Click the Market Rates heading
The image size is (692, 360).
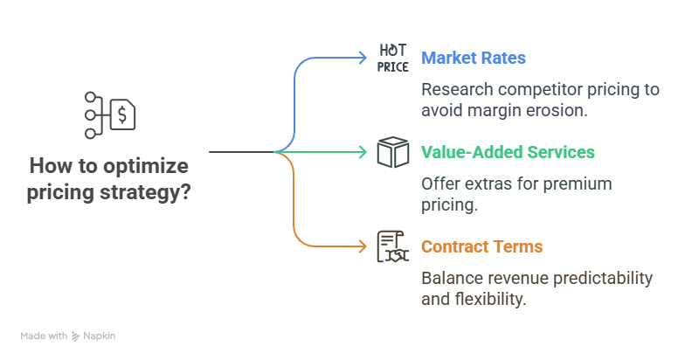(x=474, y=59)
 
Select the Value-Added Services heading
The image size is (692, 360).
(x=508, y=152)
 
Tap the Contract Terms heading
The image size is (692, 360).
(x=481, y=246)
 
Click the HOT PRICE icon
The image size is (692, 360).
(x=393, y=59)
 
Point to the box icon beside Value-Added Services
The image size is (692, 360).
(x=393, y=152)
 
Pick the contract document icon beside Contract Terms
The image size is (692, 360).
(x=393, y=246)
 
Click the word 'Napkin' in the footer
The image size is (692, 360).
(x=100, y=336)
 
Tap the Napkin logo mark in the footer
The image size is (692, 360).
(x=76, y=336)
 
